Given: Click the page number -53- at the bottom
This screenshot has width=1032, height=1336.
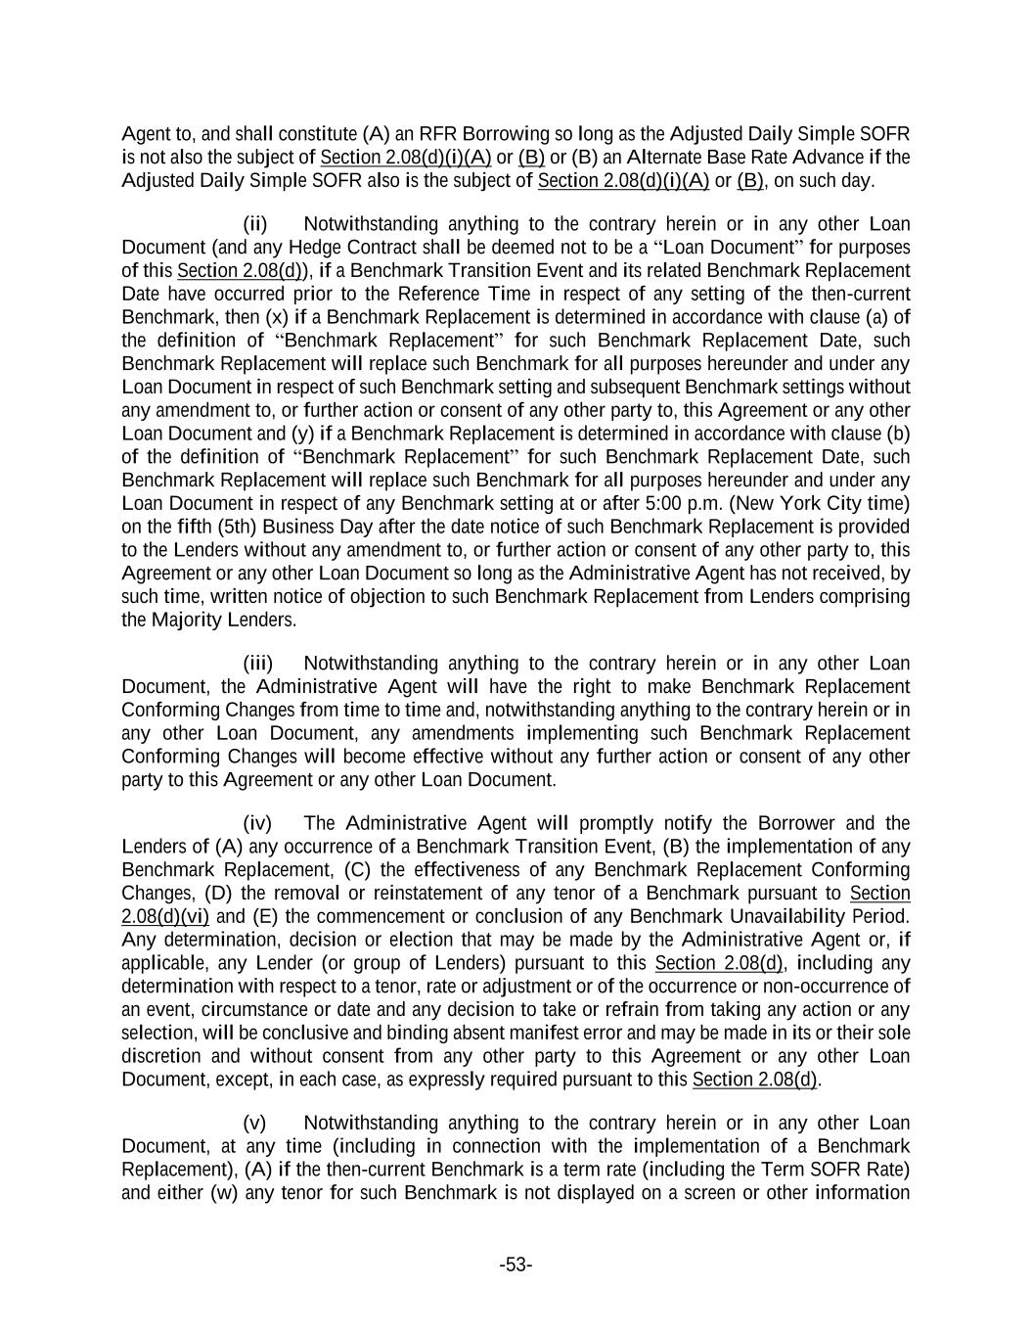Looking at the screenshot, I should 516,1266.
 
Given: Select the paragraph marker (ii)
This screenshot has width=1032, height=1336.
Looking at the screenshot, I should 255,224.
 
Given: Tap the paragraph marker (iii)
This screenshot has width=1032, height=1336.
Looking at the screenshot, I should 257,664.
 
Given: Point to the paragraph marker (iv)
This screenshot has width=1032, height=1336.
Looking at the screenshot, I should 257,823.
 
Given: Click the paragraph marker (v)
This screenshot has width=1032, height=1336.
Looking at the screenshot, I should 254,1123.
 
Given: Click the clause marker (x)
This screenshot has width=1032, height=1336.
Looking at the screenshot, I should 278,317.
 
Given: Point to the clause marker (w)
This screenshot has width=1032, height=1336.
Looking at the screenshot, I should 224,1193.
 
